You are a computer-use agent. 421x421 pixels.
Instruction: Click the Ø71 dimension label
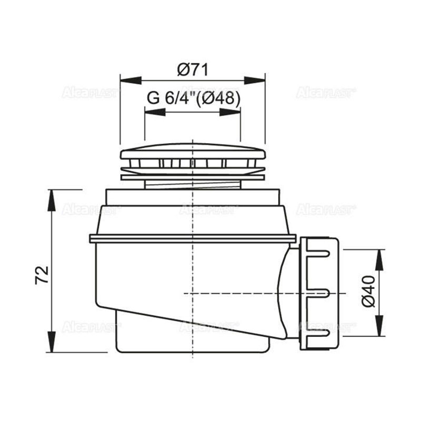tap(193, 70)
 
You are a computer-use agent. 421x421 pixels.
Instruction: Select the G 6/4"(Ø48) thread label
tap(193, 98)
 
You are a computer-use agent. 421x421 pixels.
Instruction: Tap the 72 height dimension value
tap(42, 275)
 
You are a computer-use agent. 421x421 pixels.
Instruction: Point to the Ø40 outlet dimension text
tap(368, 291)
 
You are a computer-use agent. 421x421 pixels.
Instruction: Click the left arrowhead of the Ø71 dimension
tap(131, 81)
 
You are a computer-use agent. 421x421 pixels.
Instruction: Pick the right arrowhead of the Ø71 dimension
tap(255, 81)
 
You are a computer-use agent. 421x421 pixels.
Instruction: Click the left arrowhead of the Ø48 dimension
tap(155, 112)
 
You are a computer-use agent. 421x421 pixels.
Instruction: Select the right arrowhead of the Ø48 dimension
tap(230, 112)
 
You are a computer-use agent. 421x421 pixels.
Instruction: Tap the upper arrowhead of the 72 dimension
tap(51, 201)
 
